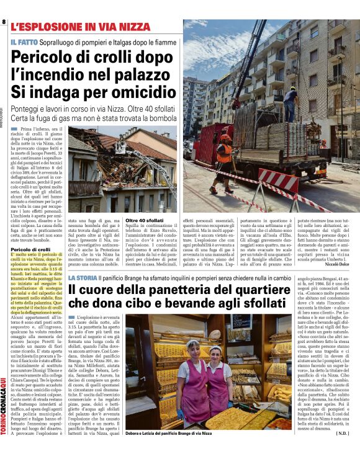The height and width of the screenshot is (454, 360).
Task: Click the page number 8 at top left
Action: [x=4, y=22]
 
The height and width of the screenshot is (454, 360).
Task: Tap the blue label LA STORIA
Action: [x=83, y=278]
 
